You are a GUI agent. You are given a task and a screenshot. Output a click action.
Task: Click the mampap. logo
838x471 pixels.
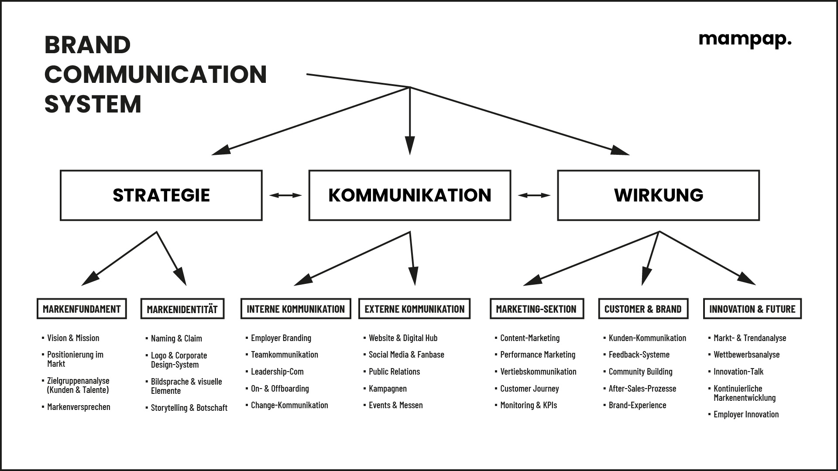(x=745, y=40)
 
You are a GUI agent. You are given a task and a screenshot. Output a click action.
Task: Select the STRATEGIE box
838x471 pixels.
(x=161, y=195)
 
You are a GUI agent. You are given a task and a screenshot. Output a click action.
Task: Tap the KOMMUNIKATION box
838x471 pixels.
(x=409, y=195)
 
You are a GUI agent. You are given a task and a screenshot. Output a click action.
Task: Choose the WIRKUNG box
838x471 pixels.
(x=658, y=195)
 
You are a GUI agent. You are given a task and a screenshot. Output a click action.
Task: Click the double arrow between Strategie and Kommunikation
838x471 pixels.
(x=285, y=195)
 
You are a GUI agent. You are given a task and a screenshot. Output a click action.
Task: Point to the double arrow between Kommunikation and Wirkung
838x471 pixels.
(x=534, y=195)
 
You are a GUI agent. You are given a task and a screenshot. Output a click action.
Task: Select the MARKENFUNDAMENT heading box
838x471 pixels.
(x=82, y=309)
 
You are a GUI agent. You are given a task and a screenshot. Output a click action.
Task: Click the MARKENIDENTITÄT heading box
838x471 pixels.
(x=182, y=309)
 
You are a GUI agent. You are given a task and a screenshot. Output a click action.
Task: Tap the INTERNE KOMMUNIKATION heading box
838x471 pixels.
(x=295, y=309)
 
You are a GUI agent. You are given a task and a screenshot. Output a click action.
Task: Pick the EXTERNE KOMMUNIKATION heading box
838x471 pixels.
(x=414, y=309)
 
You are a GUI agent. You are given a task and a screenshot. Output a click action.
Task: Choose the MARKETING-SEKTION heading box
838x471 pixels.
(x=536, y=309)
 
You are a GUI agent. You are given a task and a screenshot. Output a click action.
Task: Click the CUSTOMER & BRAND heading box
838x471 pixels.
(x=643, y=309)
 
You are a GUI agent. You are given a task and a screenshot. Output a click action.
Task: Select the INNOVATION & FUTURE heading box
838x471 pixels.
(x=752, y=309)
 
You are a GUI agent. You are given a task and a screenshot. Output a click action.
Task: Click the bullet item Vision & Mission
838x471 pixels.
(x=73, y=338)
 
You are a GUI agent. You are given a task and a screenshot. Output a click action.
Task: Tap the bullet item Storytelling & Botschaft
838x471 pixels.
(x=189, y=408)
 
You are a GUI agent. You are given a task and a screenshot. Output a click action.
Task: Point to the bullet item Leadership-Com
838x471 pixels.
(x=277, y=372)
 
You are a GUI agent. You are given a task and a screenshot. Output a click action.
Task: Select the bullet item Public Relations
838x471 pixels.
(x=394, y=372)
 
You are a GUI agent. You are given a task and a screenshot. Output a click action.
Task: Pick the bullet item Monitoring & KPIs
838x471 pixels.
(x=529, y=405)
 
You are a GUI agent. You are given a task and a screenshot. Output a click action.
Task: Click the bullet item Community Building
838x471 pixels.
(x=640, y=372)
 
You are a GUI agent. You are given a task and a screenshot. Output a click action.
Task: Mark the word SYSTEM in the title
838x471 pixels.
(x=93, y=104)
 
